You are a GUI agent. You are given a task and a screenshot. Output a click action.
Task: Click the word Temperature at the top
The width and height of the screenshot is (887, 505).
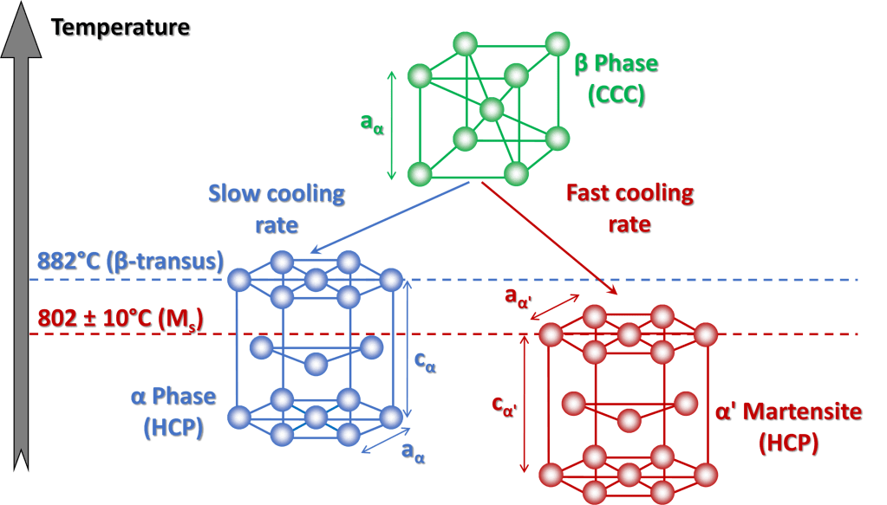(x=121, y=28)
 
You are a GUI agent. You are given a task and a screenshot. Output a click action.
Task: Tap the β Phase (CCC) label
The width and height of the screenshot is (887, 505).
(x=616, y=79)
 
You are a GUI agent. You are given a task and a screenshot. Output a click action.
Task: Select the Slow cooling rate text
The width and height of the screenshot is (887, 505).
(x=277, y=209)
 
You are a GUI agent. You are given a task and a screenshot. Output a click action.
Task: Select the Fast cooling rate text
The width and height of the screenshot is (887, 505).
(x=629, y=207)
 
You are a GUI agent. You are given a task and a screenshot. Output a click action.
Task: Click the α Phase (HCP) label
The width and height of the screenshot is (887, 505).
(x=173, y=411)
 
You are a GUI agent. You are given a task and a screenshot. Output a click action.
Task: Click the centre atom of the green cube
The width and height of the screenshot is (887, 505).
(x=492, y=110)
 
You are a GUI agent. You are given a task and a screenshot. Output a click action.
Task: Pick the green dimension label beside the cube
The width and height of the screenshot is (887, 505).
(x=373, y=123)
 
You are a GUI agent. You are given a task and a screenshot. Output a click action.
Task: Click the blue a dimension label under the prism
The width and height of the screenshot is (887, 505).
(x=413, y=450)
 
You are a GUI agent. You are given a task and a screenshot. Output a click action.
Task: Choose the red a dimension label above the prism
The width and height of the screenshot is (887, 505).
(x=518, y=296)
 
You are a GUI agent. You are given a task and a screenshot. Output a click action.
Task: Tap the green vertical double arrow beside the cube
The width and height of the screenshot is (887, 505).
(x=392, y=125)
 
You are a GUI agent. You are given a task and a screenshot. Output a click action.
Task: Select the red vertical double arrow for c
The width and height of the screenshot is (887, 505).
(x=524, y=405)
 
